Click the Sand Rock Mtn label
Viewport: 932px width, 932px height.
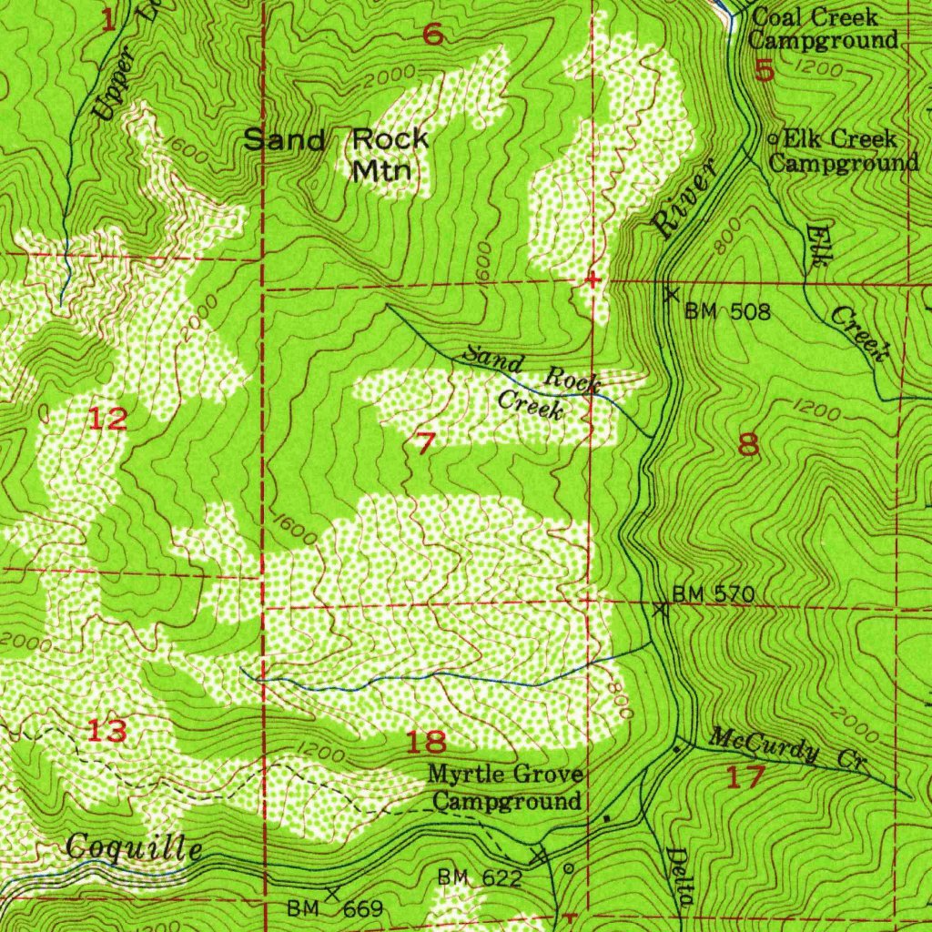(337, 154)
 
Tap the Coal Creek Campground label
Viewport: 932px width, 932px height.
(822, 28)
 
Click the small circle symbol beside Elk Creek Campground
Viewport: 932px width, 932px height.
(774, 139)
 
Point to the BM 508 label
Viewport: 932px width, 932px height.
(728, 313)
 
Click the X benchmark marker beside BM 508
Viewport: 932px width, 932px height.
(672, 295)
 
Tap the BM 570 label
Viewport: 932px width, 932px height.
(714, 594)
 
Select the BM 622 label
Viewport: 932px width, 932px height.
(480, 877)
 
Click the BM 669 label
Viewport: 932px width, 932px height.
(329, 908)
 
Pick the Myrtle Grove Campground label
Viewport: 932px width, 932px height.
(506, 788)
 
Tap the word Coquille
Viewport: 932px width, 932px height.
(134, 848)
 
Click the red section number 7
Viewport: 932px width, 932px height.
(425, 443)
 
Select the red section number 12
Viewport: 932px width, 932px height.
(107, 420)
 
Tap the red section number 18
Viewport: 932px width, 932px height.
(425, 742)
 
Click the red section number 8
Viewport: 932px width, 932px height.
(748, 445)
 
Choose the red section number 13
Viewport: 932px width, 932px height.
(106, 730)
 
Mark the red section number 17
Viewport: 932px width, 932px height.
(746, 777)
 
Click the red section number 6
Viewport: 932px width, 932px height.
(433, 35)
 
